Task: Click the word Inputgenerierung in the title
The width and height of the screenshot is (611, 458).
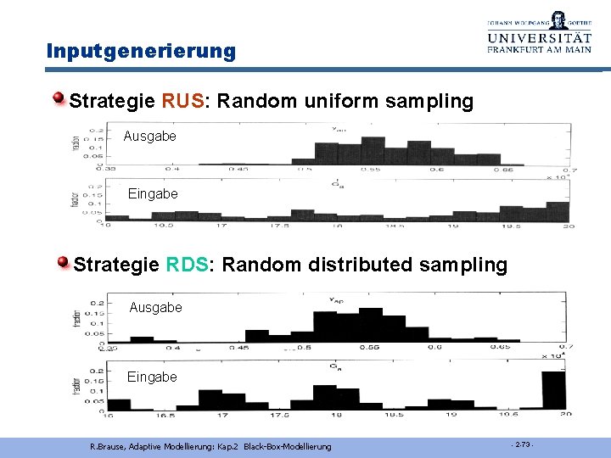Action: pos(141,51)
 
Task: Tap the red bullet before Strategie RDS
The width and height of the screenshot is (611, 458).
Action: pos(64,264)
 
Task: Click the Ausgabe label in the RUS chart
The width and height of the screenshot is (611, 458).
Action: pos(149,136)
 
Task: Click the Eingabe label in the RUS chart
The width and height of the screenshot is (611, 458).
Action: pos(153,193)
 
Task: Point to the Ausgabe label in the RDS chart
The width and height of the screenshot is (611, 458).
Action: pos(155,307)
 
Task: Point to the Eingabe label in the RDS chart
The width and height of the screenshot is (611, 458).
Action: pos(152,377)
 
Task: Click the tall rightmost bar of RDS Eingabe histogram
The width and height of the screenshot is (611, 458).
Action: pos(553,389)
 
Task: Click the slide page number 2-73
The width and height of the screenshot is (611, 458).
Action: pos(522,445)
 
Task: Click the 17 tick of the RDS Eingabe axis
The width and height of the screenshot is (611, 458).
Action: pos(221,416)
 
